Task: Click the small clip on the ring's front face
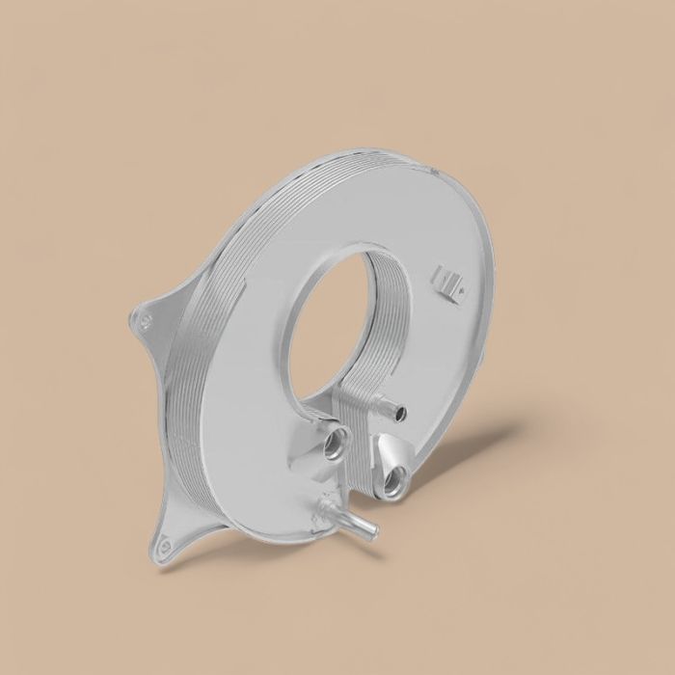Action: pyautogui.click(x=447, y=280)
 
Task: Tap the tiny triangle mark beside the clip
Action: pyautogui.click(x=461, y=287)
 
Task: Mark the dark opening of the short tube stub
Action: pyautogui.click(x=399, y=415)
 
